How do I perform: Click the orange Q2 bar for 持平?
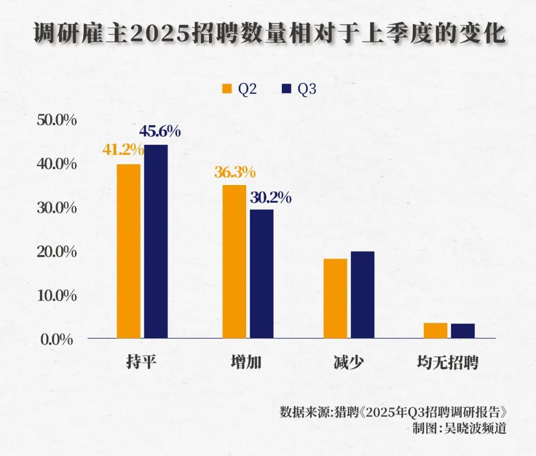(129, 251)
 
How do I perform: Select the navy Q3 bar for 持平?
(156, 241)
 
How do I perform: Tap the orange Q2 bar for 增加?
(234, 261)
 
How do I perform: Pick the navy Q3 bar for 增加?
(262, 273)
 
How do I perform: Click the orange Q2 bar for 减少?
(335, 298)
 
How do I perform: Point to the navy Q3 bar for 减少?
(362, 295)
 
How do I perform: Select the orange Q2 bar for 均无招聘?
(436, 330)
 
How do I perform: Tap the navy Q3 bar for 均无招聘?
(463, 331)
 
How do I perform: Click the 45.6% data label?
(160, 131)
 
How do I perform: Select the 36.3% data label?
(235, 172)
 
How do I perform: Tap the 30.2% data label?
(270, 198)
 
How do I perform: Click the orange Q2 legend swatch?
(227, 89)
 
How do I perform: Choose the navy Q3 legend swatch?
(286, 89)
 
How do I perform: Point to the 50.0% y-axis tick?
(57, 120)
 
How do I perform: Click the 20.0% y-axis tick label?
(57, 252)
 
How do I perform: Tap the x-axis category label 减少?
(348, 363)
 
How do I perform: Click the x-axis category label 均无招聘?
(448, 363)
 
